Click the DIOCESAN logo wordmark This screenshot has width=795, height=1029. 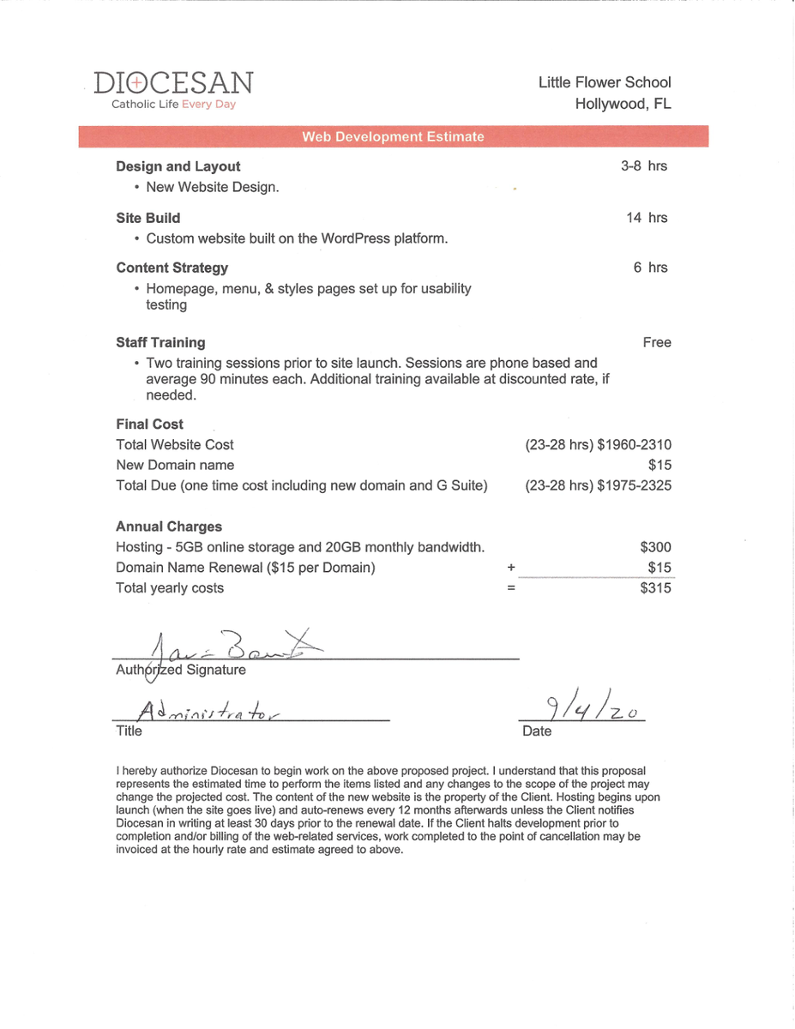[x=173, y=83]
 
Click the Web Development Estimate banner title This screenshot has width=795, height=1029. [x=393, y=137]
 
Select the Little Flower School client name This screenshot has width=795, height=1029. [x=605, y=82]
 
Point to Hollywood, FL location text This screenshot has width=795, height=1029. [x=623, y=104]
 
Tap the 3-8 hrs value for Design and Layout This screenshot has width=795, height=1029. [x=644, y=166]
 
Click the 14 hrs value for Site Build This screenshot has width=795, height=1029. [x=647, y=218]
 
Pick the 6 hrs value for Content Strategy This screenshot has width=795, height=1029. [x=650, y=268]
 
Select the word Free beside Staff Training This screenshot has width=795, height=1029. [x=656, y=342]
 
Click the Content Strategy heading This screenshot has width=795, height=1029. [x=172, y=268]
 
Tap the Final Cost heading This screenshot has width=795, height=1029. [x=150, y=424]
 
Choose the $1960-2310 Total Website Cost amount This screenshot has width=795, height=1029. [x=635, y=444]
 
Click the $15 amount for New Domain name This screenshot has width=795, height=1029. [x=660, y=465]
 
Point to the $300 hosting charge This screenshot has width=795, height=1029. [x=656, y=547]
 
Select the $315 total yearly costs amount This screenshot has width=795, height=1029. [x=656, y=588]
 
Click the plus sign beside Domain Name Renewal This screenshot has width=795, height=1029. [x=511, y=568]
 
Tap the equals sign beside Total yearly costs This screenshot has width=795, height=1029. [x=511, y=588]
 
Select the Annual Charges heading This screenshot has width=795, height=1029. [x=169, y=527]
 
